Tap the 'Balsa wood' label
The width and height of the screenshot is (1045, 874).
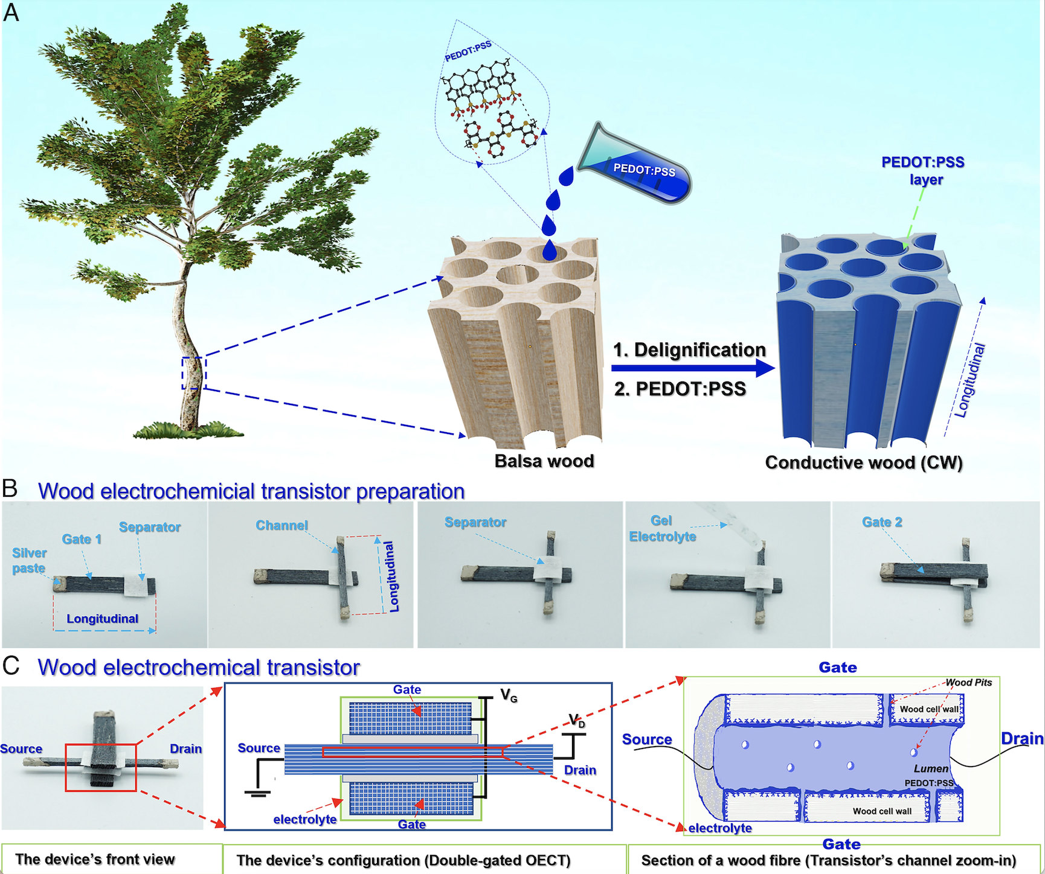(x=544, y=461)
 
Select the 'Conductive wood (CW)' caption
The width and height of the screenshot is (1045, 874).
(x=863, y=462)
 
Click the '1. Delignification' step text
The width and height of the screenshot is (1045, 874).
(x=689, y=350)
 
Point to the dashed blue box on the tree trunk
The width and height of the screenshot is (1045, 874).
(x=194, y=373)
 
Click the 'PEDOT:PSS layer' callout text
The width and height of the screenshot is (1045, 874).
(x=922, y=171)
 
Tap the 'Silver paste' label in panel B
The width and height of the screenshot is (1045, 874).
(x=29, y=560)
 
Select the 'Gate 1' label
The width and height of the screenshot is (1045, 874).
(x=82, y=539)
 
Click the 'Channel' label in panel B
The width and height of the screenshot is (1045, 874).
(x=281, y=525)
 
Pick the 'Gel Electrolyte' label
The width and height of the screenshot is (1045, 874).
(x=662, y=529)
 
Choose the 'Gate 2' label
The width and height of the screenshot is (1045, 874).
(x=882, y=522)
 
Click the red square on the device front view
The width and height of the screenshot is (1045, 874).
(x=101, y=767)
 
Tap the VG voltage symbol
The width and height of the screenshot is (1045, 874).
(x=509, y=696)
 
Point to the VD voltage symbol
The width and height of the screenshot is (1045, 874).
(x=577, y=721)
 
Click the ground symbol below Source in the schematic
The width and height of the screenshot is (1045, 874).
(x=257, y=793)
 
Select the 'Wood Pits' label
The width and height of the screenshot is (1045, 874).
(x=968, y=683)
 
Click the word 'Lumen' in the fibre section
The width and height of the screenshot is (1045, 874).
(x=931, y=768)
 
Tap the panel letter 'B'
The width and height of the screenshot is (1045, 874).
(x=10, y=488)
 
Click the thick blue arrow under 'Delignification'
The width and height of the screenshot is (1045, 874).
(x=692, y=368)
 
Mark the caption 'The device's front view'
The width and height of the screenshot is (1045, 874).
(x=95, y=860)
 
